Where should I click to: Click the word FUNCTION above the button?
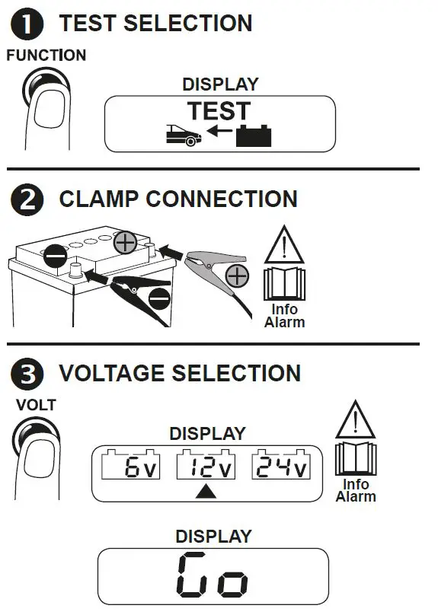pyautogui.click(x=46, y=56)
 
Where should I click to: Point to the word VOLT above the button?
pyautogui.click(x=36, y=405)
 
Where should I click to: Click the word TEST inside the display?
pyautogui.click(x=219, y=111)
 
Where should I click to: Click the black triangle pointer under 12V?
pyautogui.click(x=206, y=492)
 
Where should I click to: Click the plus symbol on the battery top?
pyautogui.click(x=126, y=244)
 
